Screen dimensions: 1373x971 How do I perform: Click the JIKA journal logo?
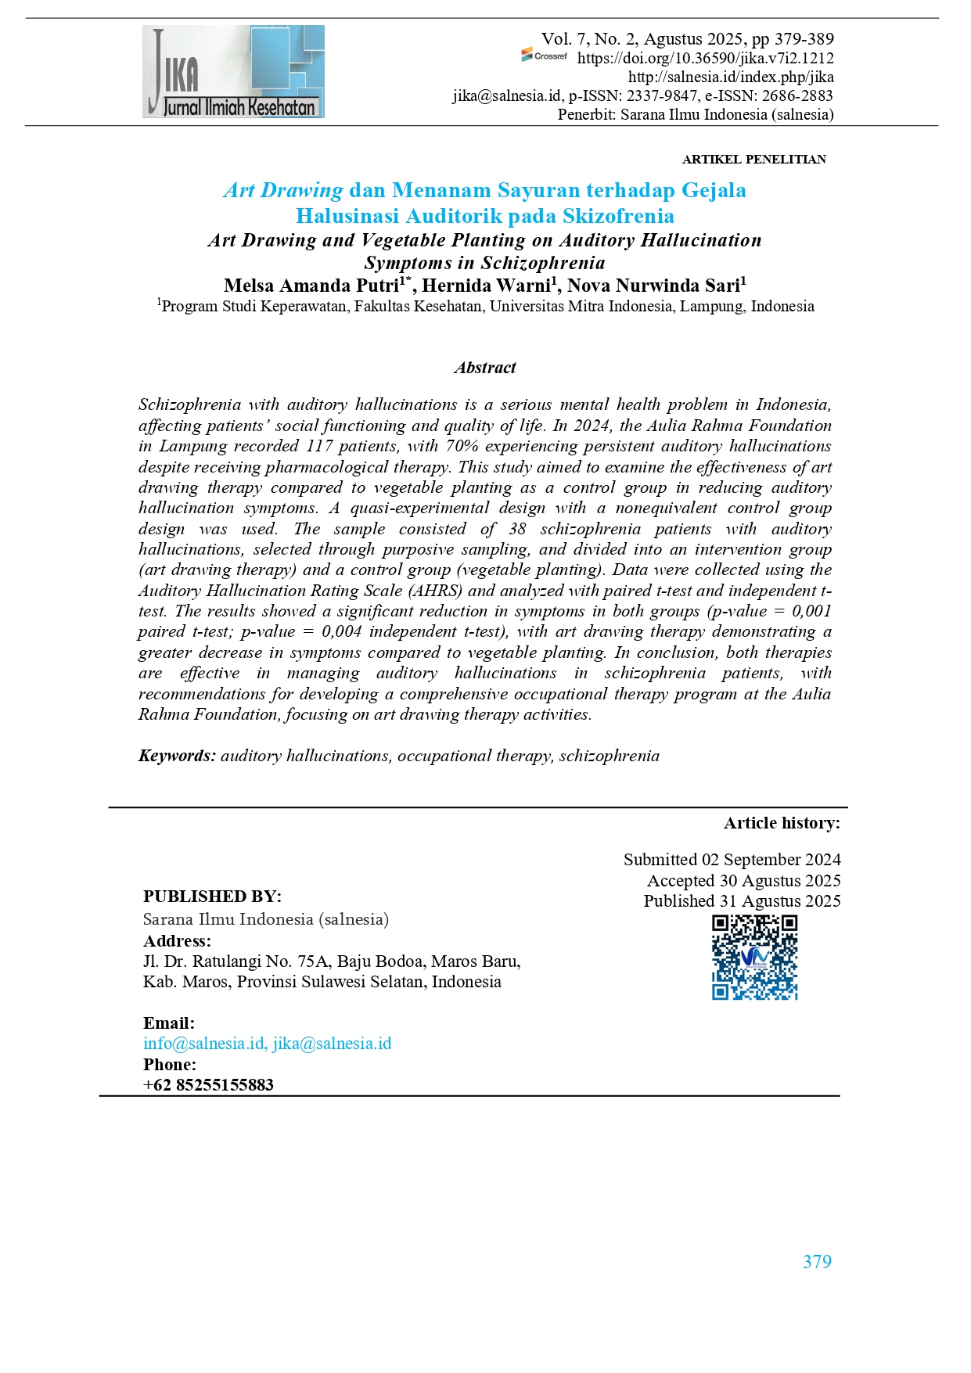tap(233, 72)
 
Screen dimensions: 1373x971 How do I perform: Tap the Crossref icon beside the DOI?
tap(545, 56)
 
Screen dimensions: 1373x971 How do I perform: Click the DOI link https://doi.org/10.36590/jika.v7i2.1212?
tap(705, 58)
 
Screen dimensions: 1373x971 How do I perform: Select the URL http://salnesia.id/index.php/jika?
tap(730, 77)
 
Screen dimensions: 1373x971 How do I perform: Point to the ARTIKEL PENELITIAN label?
tap(753, 160)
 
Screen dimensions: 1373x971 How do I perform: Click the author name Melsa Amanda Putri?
tap(311, 286)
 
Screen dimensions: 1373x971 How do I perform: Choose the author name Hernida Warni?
tap(487, 286)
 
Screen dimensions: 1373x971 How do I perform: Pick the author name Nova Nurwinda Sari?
tap(653, 286)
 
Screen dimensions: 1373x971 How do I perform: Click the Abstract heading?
tap(485, 368)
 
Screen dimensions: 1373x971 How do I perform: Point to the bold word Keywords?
tap(177, 756)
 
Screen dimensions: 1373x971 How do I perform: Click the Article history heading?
tap(782, 823)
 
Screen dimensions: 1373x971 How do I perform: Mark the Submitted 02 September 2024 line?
tap(732, 860)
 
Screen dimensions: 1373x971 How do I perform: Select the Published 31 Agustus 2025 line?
tap(742, 901)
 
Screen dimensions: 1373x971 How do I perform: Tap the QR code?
tap(754, 957)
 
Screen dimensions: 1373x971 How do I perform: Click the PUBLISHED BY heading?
tap(212, 897)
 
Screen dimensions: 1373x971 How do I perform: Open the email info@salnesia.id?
tap(203, 1044)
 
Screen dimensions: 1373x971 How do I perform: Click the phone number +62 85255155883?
tap(208, 1085)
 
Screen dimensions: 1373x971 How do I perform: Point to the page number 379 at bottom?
tap(817, 1262)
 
